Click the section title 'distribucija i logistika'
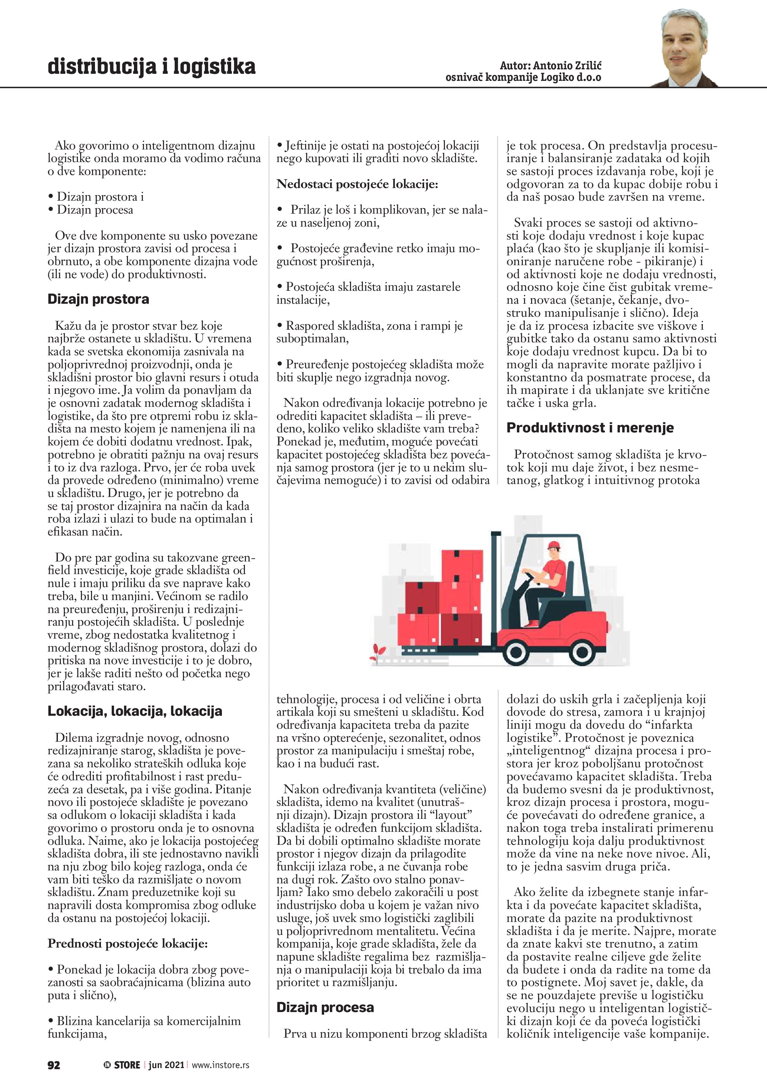pos(151,67)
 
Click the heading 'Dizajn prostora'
pos(98,299)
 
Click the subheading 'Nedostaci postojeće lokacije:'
pos(357,184)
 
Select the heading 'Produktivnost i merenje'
pos(590,428)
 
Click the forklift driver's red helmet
pos(554,545)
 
